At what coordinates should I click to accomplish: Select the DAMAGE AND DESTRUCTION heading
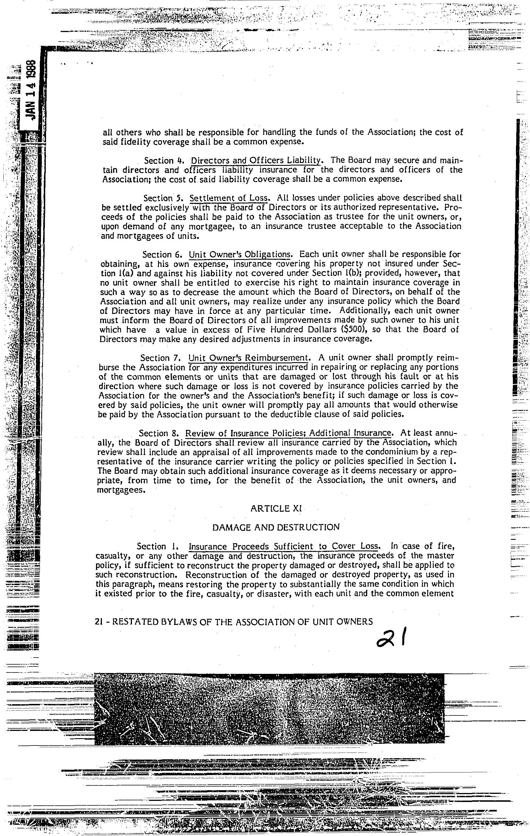275,527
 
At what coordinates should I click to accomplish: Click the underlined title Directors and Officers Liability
256,160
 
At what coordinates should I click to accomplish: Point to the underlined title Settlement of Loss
229,198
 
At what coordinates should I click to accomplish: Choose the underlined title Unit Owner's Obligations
239,255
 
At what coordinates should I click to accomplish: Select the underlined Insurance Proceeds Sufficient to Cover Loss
283,547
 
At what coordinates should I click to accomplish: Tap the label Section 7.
159,358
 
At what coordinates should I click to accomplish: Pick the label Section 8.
158,433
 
